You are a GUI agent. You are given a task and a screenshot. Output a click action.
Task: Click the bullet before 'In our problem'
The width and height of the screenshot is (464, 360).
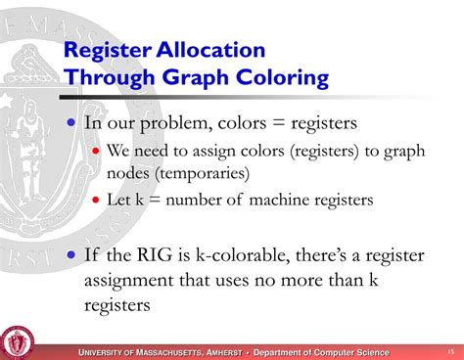tap(70, 123)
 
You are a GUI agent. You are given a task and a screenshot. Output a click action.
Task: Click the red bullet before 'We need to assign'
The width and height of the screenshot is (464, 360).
tap(96, 152)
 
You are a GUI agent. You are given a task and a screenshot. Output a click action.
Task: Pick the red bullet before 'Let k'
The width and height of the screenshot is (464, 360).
tap(96, 200)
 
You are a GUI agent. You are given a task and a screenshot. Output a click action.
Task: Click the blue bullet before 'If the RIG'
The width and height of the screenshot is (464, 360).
tap(70, 255)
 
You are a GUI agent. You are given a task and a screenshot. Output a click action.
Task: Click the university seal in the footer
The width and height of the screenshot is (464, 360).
tap(17, 341)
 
